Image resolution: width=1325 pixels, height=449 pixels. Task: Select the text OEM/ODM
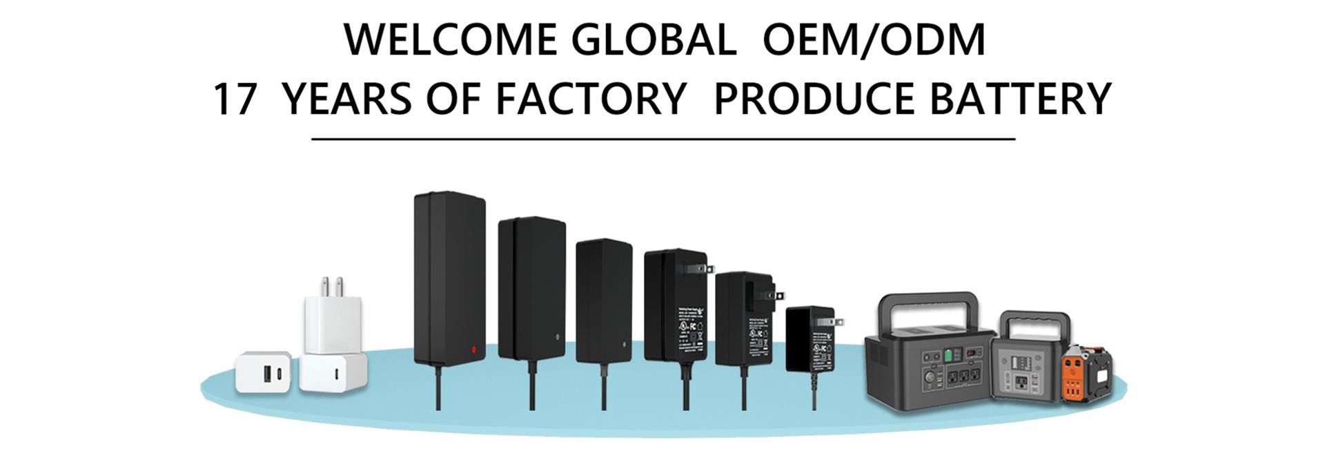coord(874,39)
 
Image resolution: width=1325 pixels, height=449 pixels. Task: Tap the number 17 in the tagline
coord(234,99)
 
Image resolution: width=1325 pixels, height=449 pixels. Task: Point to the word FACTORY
coord(591,99)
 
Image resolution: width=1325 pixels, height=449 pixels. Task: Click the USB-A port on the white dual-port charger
coord(265,376)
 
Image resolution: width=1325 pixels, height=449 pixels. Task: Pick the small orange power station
coord(1083,373)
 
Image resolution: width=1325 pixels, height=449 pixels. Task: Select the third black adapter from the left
coord(603,300)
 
